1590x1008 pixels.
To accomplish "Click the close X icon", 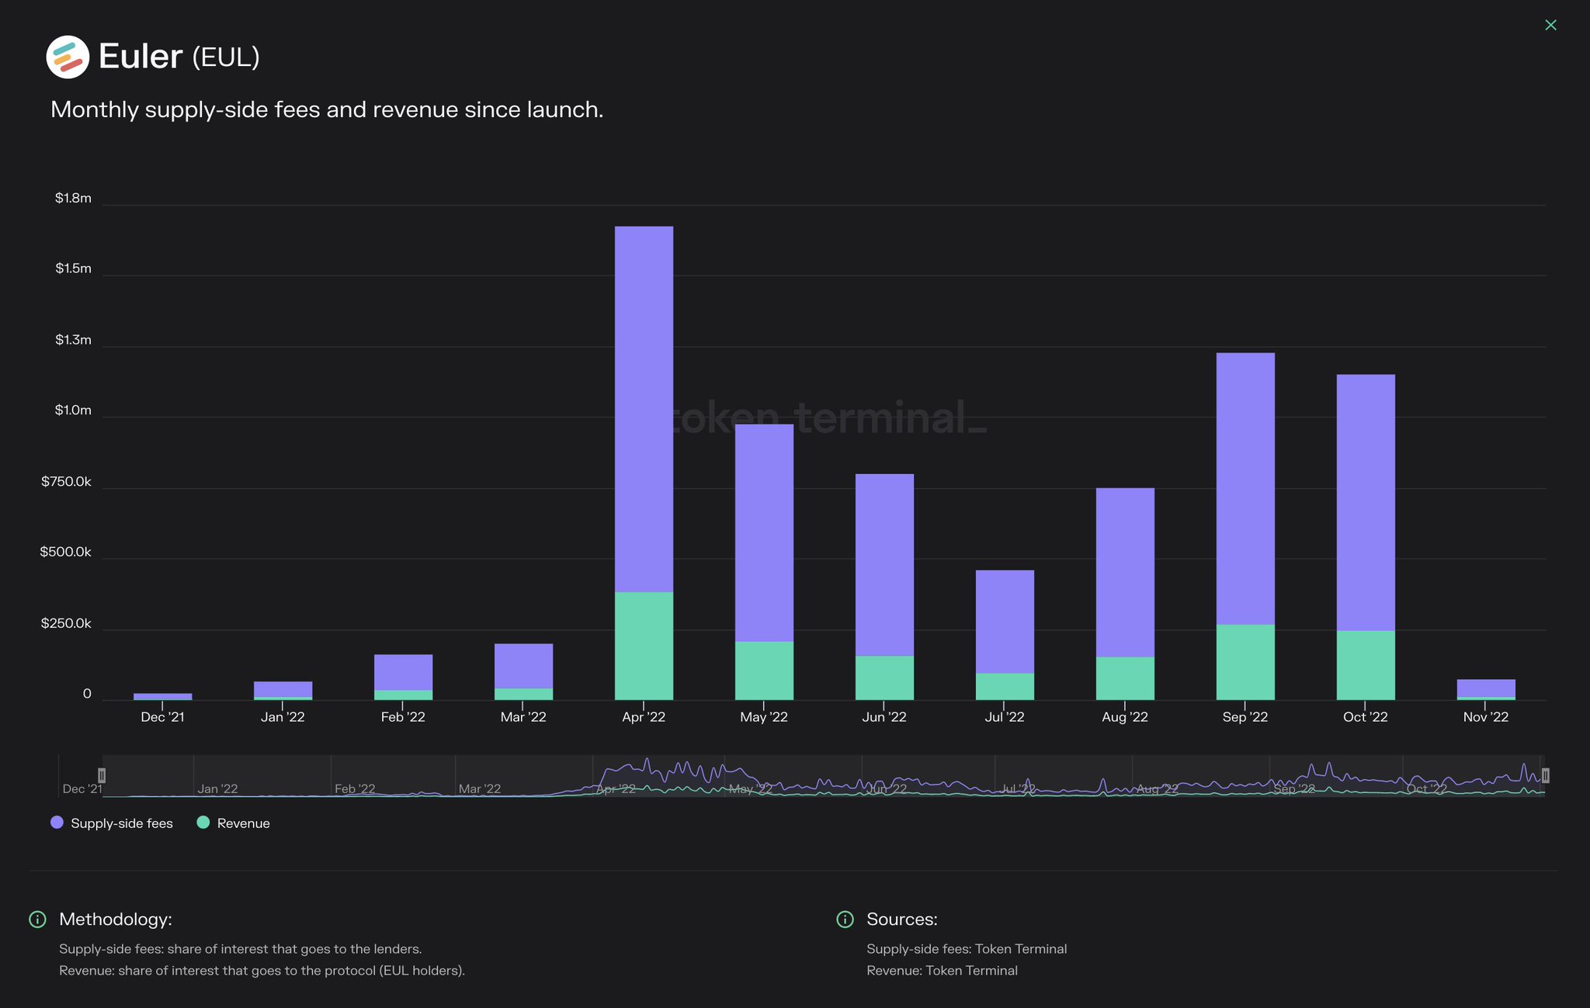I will click(1550, 26).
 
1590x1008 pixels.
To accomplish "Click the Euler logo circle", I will click(68, 57).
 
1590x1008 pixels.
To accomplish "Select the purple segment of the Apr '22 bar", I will click(644, 409).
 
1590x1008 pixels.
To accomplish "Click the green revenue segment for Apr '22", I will click(644, 646).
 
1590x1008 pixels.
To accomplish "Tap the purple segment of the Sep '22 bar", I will click(1245, 489).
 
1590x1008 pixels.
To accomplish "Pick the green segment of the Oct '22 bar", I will click(1366, 665).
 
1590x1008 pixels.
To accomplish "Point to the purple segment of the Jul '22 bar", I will click(1005, 622).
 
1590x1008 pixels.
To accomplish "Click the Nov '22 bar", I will click(1486, 689).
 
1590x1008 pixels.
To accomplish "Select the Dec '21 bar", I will click(163, 697).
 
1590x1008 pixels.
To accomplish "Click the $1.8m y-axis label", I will click(73, 199).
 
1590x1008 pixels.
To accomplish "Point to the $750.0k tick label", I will click(66, 482).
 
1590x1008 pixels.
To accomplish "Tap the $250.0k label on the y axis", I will click(66, 624).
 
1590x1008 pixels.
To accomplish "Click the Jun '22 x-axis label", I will click(884, 717).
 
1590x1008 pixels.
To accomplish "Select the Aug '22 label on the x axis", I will click(1124, 717).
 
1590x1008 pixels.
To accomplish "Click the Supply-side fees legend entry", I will click(112, 823).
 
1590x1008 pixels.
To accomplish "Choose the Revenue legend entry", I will click(235, 823).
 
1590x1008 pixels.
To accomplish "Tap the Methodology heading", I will click(116, 920).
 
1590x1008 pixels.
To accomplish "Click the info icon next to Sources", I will click(845, 920).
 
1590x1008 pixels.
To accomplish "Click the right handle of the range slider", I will click(1545, 775).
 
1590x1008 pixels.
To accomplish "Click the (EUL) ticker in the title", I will click(225, 57).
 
